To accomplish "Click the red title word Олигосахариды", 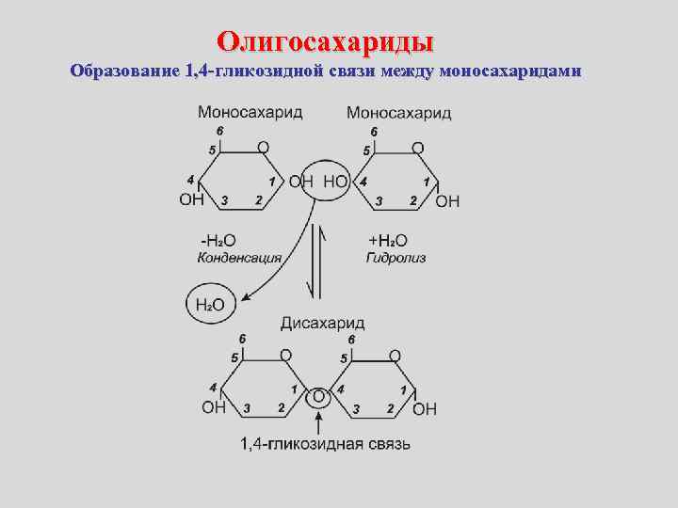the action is (325, 41).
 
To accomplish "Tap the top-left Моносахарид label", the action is (250, 112).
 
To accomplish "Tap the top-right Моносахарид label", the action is (398, 113).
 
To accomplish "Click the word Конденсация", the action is (239, 257).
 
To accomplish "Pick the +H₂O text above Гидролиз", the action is (387, 240).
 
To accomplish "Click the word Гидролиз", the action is (395, 257).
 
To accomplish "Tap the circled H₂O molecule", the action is (210, 304).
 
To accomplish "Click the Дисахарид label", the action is (322, 324).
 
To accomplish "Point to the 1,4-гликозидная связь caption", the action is (324, 443).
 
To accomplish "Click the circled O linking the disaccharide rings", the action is (318, 398).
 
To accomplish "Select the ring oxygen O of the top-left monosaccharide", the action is (263, 148).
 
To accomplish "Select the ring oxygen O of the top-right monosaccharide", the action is (418, 148).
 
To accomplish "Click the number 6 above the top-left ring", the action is (219, 131).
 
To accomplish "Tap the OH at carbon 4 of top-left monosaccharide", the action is (191, 199).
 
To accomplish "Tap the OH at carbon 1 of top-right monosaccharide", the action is (448, 200).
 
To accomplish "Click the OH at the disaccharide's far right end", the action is (425, 408).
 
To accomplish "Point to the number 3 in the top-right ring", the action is (379, 200).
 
